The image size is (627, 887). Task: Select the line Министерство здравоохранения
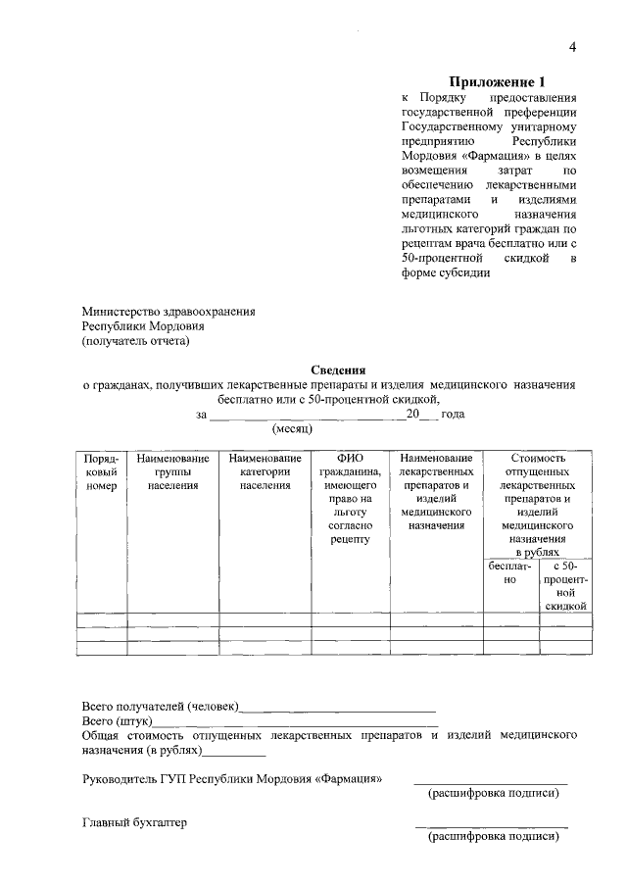point(168,311)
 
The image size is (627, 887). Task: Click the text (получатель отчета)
point(135,341)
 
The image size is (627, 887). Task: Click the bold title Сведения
point(338,370)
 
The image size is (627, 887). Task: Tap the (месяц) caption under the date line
point(292,429)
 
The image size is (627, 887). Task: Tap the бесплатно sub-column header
point(509,573)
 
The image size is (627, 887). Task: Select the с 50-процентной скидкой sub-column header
point(565,586)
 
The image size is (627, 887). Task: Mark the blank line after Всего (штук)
point(294,722)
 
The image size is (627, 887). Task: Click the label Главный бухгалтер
point(134,822)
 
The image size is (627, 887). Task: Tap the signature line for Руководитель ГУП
point(490,782)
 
